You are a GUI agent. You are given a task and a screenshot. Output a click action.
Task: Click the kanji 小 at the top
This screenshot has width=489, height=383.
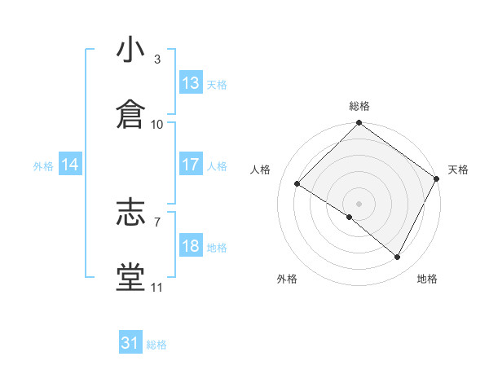tap(130, 51)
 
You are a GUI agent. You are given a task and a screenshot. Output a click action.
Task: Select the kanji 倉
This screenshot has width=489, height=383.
tap(130, 115)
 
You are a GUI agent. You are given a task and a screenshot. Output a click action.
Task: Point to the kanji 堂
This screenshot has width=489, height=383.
tap(130, 277)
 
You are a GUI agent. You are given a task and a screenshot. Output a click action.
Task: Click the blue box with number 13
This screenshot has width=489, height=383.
tap(191, 83)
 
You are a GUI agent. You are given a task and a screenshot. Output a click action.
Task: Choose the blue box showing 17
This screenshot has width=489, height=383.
tap(191, 165)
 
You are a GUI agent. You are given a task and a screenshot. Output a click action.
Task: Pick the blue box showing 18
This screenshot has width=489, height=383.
tap(191, 246)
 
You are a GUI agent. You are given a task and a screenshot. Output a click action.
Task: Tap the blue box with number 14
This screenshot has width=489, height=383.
tap(70, 165)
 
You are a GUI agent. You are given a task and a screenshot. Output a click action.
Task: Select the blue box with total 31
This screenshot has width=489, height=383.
tap(130, 343)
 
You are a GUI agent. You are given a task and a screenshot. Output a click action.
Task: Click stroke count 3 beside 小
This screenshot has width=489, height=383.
tap(157, 59)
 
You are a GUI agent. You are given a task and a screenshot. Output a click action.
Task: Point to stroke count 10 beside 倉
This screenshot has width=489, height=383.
tap(157, 125)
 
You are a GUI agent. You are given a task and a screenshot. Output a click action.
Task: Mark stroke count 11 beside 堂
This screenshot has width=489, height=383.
tap(157, 287)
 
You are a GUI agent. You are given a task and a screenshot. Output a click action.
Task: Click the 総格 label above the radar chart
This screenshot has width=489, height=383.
tap(359, 106)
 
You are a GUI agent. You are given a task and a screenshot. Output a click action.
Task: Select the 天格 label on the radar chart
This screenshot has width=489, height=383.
tap(458, 169)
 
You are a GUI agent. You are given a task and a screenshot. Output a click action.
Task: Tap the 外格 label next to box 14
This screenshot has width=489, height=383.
tap(43, 165)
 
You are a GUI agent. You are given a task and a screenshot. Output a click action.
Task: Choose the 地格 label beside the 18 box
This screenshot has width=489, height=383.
tap(217, 247)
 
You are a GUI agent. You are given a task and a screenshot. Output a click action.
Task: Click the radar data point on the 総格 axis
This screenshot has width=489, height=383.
tap(359, 124)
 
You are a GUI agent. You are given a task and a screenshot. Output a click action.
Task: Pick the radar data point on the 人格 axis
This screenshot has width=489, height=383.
tap(298, 183)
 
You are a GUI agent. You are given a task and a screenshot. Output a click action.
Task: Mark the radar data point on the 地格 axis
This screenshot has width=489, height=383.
tap(398, 258)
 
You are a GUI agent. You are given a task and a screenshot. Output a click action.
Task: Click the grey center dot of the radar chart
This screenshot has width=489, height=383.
tap(359, 202)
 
